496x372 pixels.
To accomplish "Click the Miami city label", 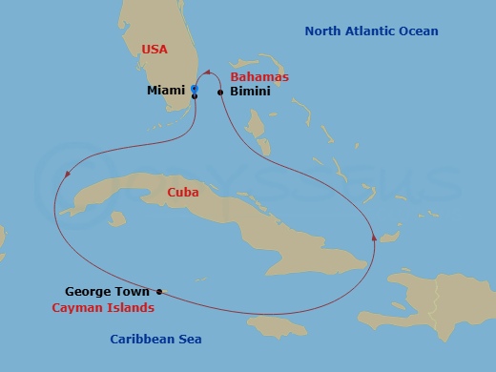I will point(166,91).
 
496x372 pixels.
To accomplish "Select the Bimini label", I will point(250,92).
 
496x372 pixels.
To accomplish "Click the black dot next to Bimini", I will point(220,93).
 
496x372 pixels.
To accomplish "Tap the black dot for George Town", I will point(159,292).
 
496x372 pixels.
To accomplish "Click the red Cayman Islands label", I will point(103,308).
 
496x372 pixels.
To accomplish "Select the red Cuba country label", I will point(182,192).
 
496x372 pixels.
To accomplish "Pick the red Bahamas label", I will point(259,76).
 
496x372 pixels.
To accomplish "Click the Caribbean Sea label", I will point(155,339).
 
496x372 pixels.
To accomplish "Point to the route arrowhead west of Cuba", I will point(67,174).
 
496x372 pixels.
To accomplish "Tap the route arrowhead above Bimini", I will point(206,71).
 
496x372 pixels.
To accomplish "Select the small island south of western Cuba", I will point(116,218).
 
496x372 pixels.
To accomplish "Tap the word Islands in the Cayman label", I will point(132,308).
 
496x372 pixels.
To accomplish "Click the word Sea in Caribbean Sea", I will point(189,339).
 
